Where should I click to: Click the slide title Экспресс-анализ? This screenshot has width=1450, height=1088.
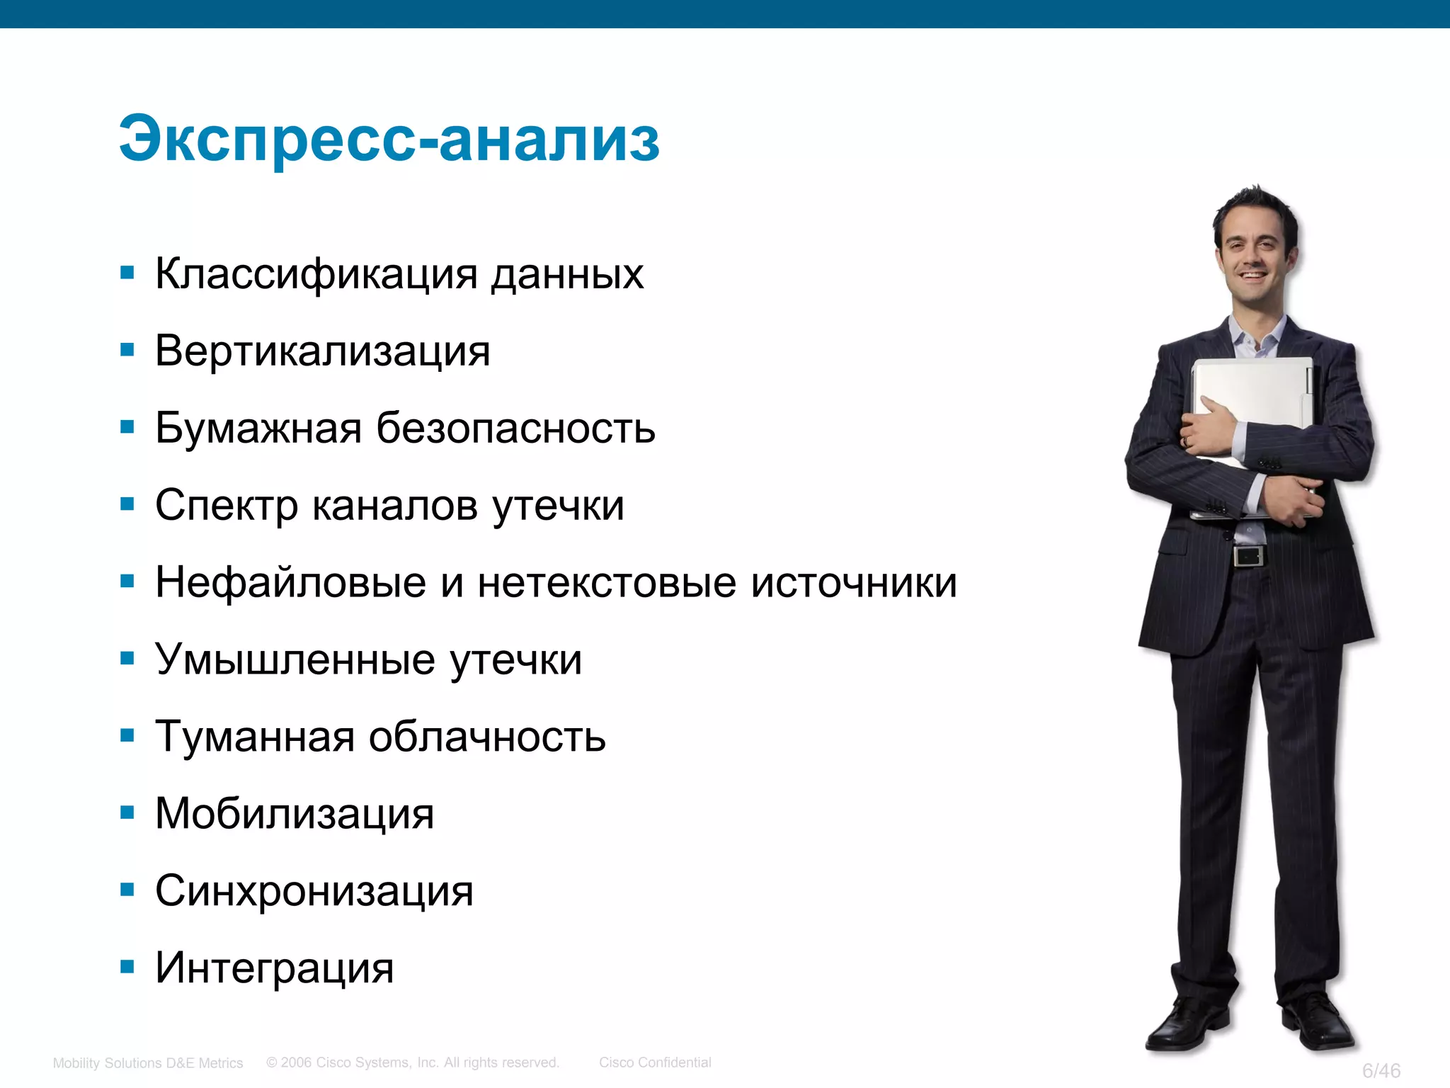389,139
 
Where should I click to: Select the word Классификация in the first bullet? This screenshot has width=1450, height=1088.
316,274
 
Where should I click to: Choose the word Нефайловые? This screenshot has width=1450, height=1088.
290,582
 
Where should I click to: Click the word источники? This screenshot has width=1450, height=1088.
854,582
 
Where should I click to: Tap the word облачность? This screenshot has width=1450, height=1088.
487,737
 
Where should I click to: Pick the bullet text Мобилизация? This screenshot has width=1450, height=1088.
295,814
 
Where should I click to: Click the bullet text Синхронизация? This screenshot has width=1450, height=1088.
314,891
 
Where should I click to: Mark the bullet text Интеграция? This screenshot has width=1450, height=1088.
274,968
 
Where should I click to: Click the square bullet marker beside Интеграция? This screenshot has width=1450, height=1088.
127,967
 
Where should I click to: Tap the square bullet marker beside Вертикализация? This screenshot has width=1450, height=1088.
127,349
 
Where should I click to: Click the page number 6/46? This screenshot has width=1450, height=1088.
1381,1070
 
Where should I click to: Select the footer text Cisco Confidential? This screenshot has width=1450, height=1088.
655,1062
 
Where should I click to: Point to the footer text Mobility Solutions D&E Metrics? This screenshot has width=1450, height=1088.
148,1063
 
